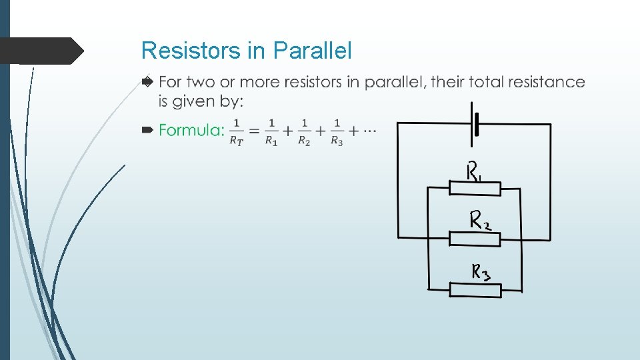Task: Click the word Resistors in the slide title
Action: pyautogui.click(x=184, y=51)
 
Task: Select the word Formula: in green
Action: pyautogui.click(x=191, y=130)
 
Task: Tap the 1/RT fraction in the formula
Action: pyautogui.click(x=237, y=131)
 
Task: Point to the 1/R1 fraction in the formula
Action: pyautogui.click(x=271, y=131)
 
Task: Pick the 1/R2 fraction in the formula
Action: pyautogui.click(x=304, y=131)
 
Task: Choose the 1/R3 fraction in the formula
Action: pyautogui.click(x=337, y=131)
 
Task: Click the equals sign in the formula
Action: pyautogui.click(x=254, y=131)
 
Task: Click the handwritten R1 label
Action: pyautogui.click(x=474, y=173)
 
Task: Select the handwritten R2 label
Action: pyautogui.click(x=481, y=220)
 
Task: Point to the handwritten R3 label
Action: pyautogui.click(x=485, y=272)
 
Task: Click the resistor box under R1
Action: pyautogui.click(x=475, y=190)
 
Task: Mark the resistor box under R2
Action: pyautogui.click(x=475, y=239)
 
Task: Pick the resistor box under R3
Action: pyautogui.click(x=475, y=290)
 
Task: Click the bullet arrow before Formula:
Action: pyautogui.click(x=148, y=130)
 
